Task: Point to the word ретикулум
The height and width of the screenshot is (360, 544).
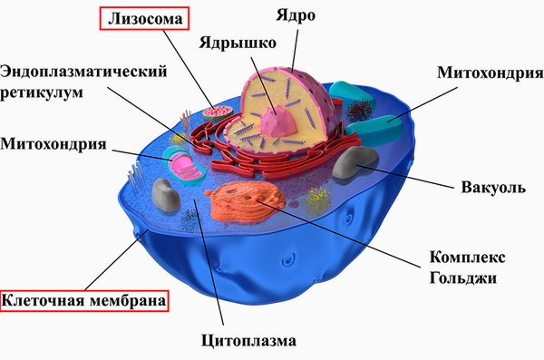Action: (x=47, y=92)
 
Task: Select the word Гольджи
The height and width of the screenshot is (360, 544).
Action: (x=461, y=278)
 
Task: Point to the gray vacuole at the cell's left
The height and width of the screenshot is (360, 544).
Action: (x=165, y=194)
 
